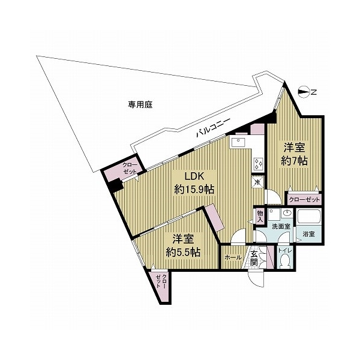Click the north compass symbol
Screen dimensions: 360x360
[305, 92]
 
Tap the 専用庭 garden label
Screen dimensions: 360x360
[140, 104]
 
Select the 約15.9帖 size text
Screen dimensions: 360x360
[194, 190]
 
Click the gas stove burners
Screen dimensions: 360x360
[257, 162]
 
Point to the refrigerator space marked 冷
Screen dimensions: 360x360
[257, 181]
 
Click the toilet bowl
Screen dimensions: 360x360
[286, 260]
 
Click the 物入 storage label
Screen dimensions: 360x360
[260, 216]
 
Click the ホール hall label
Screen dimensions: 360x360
[232, 257]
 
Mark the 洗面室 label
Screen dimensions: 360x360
[280, 227]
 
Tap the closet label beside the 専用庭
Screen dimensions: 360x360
[130, 168]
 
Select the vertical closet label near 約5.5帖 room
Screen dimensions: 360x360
[161, 286]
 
